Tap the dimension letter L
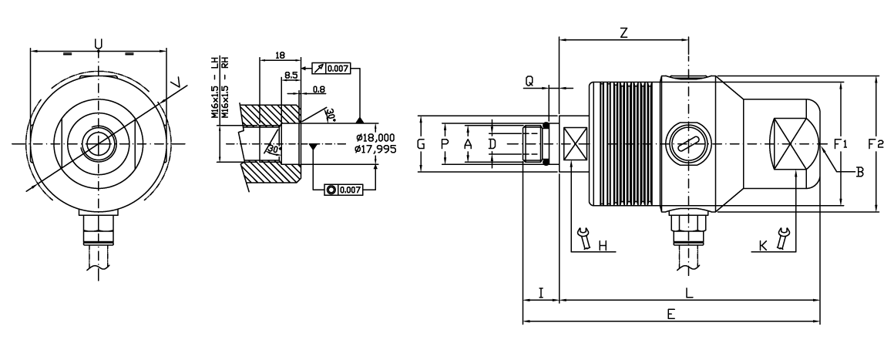pos(689,293)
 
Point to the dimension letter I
pos(541,293)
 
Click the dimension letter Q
pos(529,81)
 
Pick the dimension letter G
pos(421,144)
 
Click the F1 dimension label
pos(840,144)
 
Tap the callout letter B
pos(860,173)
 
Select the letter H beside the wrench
pos(603,246)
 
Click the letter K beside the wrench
pos(763,246)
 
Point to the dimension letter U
pos(98,44)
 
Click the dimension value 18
pos(281,56)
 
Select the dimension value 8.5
pos(291,75)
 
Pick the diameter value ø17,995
pos(375,149)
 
